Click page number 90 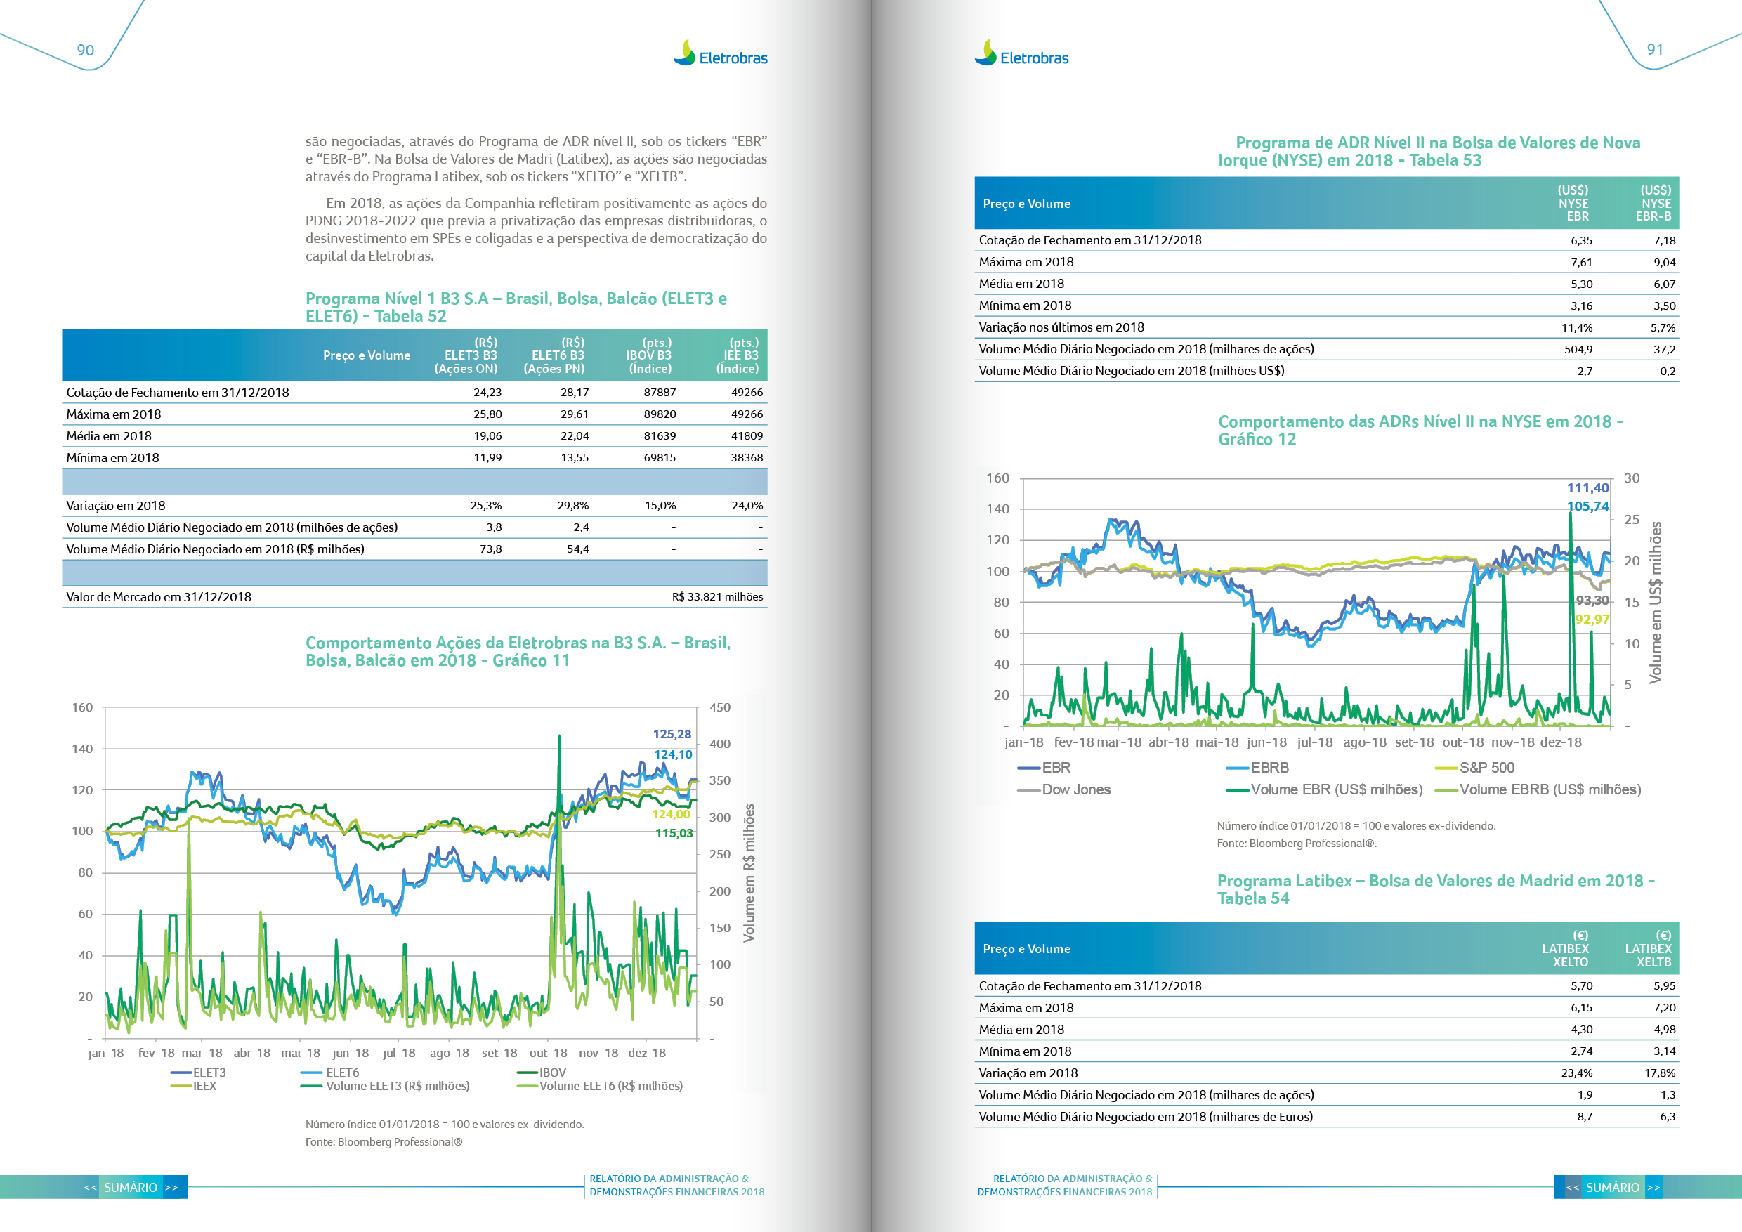point(85,50)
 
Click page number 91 point(1655,49)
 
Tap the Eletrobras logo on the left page point(720,54)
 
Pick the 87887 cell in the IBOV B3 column point(660,392)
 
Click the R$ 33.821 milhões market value point(717,597)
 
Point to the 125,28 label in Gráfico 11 point(672,734)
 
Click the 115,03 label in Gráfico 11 point(674,833)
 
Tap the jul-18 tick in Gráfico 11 point(399,1053)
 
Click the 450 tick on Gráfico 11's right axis point(719,708)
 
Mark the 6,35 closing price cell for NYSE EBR point(1581,240)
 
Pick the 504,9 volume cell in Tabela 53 point(1578,350)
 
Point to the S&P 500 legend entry point(1486,768)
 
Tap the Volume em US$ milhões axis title point(1656,603)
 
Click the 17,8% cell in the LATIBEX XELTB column point(1659,1073)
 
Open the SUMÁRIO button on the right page point(1612,1187)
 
